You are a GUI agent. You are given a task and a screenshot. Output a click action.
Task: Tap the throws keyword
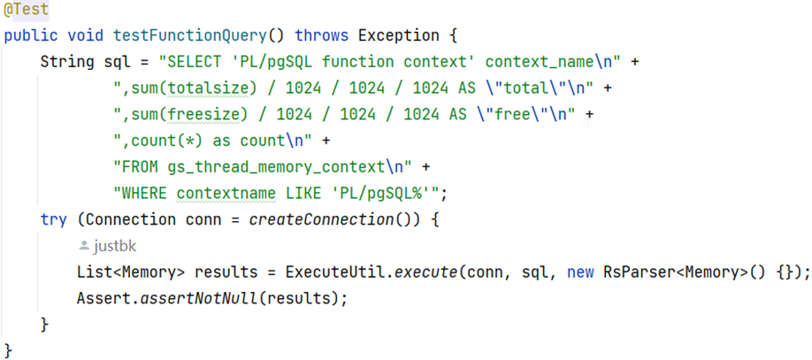coord(321,36)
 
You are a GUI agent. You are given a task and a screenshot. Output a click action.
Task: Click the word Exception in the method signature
coord(398,36)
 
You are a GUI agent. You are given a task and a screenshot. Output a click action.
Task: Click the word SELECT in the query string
coord(196,63)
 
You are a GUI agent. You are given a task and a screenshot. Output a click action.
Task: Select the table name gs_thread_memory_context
coord(276,167)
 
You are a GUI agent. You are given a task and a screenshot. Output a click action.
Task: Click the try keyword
coord(53,219)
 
